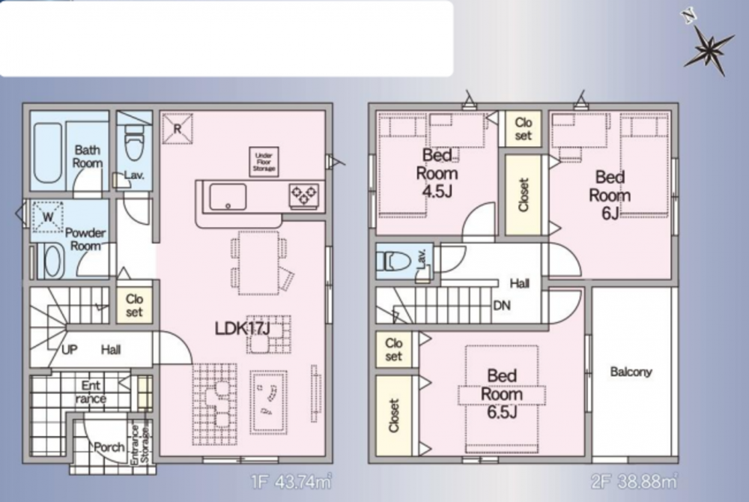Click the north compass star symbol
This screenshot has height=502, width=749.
click(x=709, y=48)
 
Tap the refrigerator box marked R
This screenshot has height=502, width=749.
click(x=178, y=128)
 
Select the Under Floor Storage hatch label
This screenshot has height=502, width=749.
click(x=264, y=162)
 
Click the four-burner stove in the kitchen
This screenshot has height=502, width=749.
click(x=304, y=196)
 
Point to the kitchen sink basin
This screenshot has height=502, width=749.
click(x=228, y=197)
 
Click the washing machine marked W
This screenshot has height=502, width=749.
click(x=48, y=217)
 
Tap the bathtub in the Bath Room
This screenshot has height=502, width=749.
click(x=48, y=153)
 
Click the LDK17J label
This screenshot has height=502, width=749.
click(x=243, y=328)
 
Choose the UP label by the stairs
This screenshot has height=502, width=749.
click(x=69, y=350)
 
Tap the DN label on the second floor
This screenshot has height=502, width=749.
click(x=502, y=305)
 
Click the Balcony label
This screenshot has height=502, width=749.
click(x=631, y=372)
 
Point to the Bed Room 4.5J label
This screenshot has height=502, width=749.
click(x=437, y=172)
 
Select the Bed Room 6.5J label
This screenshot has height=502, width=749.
click(x=502, y=393)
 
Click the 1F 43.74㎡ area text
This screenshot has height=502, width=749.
click(x=291, y=482)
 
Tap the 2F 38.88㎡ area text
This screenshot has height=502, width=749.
click(x=634, y=482)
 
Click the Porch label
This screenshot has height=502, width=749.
click(x=109, y=447)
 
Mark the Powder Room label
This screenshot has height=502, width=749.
click(x=85, y=239)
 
